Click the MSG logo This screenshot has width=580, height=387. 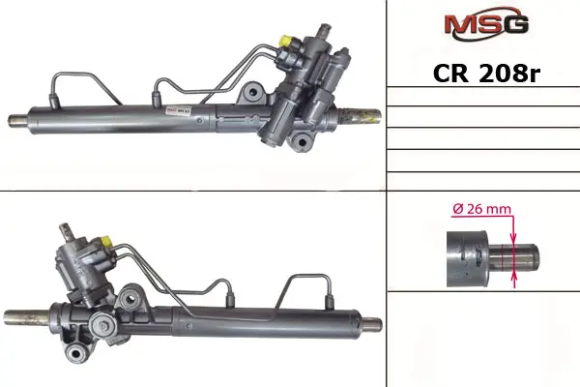click(x=486, y=23)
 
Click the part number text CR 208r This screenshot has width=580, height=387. click(x=486, y=74)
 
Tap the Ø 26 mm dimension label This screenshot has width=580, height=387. click(x=481, y=209)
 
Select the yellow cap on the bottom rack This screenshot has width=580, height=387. click(x=106, y=242)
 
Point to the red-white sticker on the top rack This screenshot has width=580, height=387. click(x=178, y=111)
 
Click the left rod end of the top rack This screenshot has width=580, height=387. click(x=17, y=121)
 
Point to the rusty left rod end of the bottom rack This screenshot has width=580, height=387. click(x=27, y=317)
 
